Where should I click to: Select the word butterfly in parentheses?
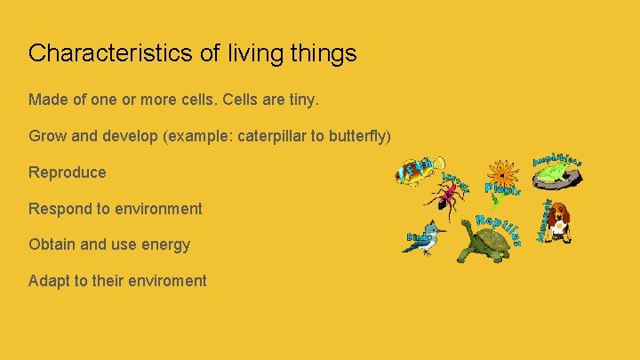pos(355,136)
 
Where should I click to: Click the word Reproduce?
pos(67,172)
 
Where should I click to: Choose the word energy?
pos(165,244)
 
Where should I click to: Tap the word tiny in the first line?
pos(299,100)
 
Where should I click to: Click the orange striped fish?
pos(416,171)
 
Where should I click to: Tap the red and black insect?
pos(444,196)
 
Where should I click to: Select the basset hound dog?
pos(557,222)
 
